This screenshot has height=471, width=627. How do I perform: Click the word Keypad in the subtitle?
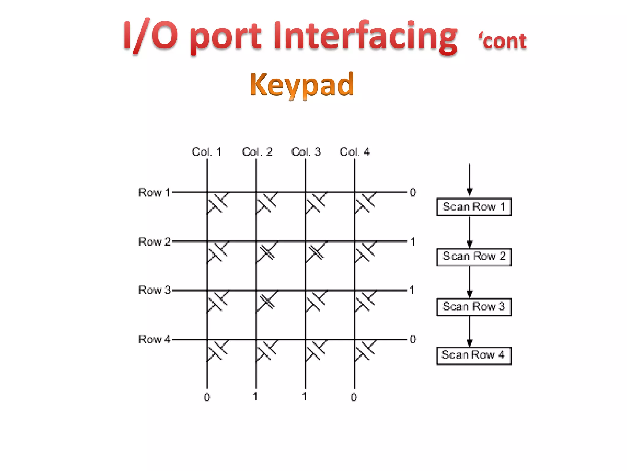(x=302, y=85)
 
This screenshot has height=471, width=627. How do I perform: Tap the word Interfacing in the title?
(x=365, y=35)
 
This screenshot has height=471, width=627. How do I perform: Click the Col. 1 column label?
(x=206, y=152)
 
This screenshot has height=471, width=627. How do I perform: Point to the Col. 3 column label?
(x=306, y=152)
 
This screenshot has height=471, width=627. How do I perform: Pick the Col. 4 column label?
(x=355, y=152)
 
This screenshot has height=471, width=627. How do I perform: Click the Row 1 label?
(x=154, y=192)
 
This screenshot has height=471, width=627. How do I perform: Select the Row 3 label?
(x=154, y=290)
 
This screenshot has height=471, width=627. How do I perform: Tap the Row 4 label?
(x=154, y=339)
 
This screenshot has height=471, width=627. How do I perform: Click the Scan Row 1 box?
(x=474, y=207)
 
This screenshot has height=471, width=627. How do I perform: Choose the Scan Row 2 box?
(x=474, y=257)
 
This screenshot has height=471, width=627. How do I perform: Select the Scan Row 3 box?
(x=474, y=307)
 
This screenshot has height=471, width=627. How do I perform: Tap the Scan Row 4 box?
(x=474, y=355)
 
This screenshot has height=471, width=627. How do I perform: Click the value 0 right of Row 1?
(x=413, y=192)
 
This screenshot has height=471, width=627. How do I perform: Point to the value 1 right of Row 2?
(x=413, y=242)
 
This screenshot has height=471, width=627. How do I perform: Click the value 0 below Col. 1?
(x=207, y=397)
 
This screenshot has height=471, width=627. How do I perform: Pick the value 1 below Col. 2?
(x=255, y=396)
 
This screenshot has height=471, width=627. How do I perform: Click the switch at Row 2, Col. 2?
(x=267, y=252)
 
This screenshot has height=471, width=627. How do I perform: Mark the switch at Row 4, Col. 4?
(x=365, y=350)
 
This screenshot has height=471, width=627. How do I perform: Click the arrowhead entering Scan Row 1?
(x=469, y=192)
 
